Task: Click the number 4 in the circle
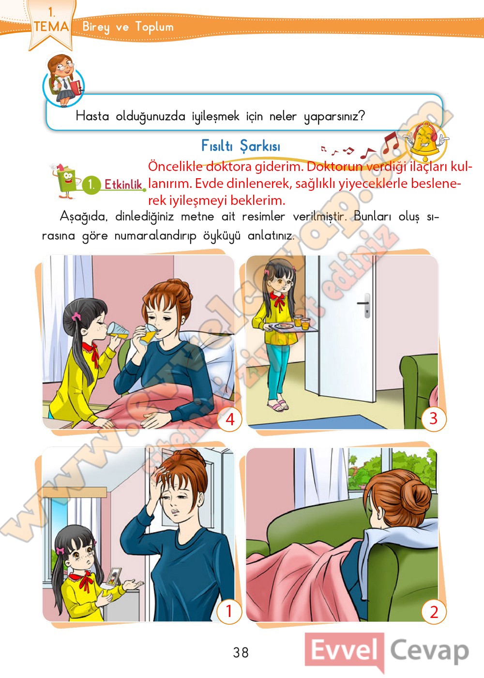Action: [230, 419]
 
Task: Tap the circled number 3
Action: [434, 418]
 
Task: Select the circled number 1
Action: [229, 611]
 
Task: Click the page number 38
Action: [241, 652]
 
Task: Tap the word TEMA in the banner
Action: [51, 26]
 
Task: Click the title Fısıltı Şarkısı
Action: [241, 146]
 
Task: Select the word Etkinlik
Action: [123, 184]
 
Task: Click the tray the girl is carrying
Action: [290, 327]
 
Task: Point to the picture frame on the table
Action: [114, 576]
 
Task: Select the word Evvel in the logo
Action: [345, 650]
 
